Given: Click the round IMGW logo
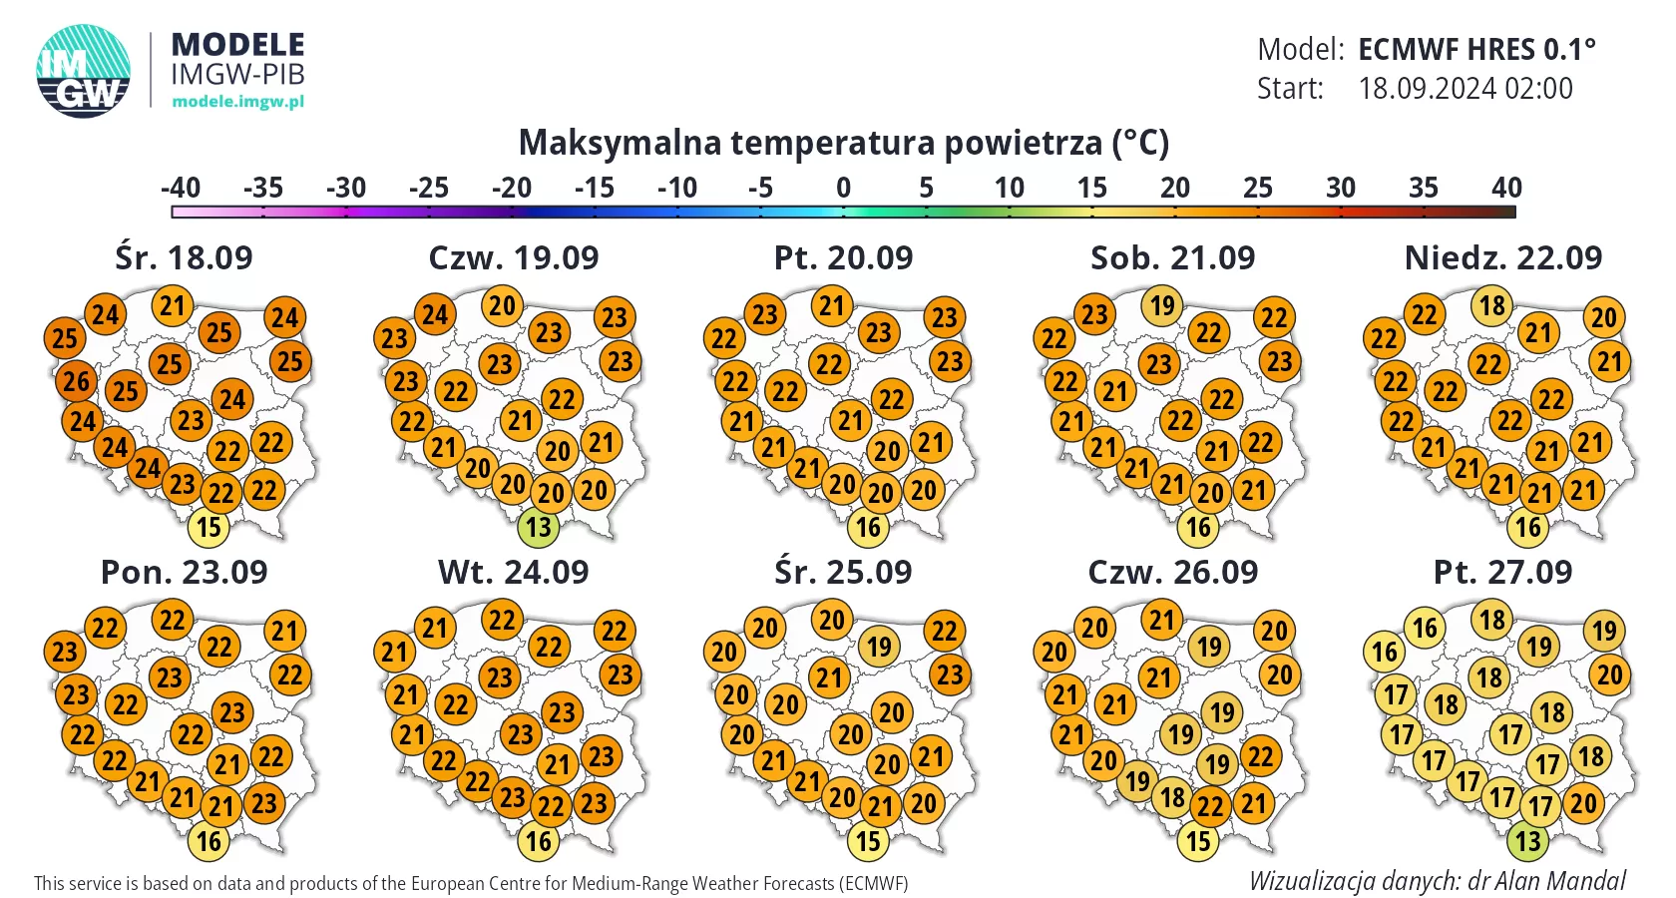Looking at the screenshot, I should click(84, 71).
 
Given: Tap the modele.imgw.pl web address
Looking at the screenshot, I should click(237, 101).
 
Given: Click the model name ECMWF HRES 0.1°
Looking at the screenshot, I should click(1476, 49).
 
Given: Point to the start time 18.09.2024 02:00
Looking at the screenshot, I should click(1465, 89).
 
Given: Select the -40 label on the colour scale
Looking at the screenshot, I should click(181, 188).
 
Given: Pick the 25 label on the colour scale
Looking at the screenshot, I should click(1257, 188).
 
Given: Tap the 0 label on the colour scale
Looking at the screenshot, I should click(843, 188).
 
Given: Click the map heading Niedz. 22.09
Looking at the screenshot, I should click(1502, 257).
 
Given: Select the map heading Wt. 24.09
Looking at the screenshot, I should click(513, 572).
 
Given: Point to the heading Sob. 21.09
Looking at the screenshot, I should click(1172, 257).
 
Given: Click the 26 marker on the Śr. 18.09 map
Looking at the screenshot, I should click(76, 380).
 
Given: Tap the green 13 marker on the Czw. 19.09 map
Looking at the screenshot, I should click(539, 527).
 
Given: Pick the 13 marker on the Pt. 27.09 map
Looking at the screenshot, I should click(1528, 841).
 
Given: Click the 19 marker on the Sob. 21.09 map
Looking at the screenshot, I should click(1162, 305).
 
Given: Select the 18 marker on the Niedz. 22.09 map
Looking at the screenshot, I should click(1491, 305).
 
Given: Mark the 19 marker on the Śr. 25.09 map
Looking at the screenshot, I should click(879, 647).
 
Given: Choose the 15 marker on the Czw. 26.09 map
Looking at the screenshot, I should click(1198, 841).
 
